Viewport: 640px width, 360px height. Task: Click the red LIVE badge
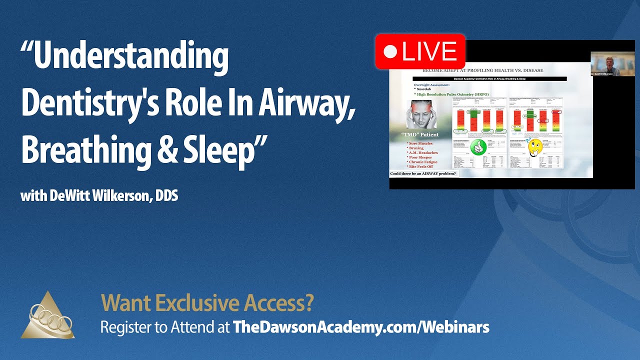coord(420,51)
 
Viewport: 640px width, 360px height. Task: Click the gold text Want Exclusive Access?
coord(207,302)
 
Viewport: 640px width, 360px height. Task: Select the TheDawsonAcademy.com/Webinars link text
coord(361,327)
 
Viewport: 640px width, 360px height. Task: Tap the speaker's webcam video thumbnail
coord(605,63)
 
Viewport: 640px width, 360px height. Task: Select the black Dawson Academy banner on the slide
coord(489,79)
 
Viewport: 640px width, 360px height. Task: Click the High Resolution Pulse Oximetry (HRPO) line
coord(453,94)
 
